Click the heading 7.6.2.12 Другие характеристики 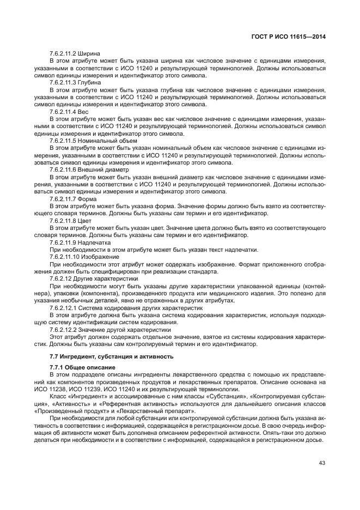86,278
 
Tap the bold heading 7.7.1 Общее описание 78,368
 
